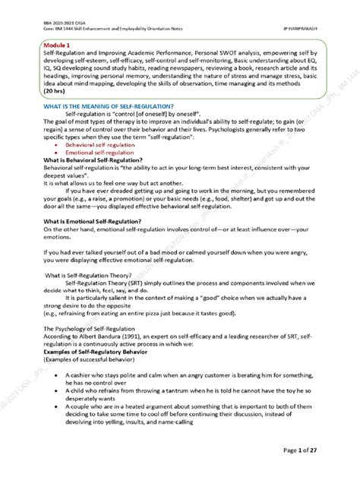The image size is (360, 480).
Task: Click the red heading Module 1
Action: point(56,47)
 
